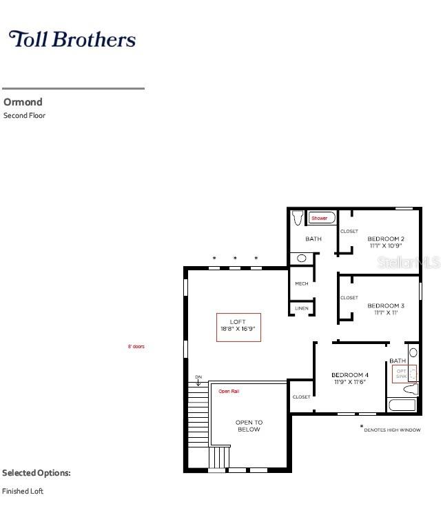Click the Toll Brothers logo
coord(72,39)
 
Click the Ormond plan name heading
coord(23,102)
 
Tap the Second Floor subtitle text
coord(25,116)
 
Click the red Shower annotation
coord(320,218)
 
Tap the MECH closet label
coord(302,284)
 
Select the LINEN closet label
coord(302,308)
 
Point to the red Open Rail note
coord(229,392)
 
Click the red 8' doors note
coord(136,346)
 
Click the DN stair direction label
coord(198,377)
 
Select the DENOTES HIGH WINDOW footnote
coord(392,430)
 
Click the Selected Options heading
coord(37,473)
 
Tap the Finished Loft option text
coord(23,491)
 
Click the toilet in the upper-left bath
coord(298,218)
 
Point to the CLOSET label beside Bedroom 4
coord(302,397)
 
